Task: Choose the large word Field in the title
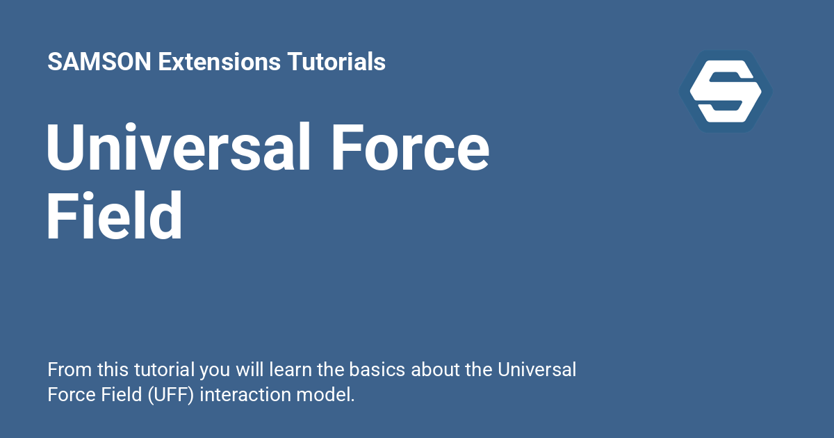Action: (x=115, y=216)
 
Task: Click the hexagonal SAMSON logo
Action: (x=726, y=91)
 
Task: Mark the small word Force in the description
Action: (x=67, y=395)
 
